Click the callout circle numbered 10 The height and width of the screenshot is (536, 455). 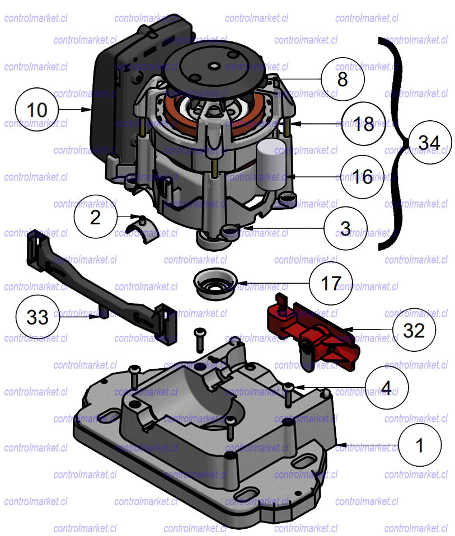pyautogui.click(x=37, y=109)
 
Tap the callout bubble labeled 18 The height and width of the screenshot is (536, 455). pyautogui.click(x=364, y=124)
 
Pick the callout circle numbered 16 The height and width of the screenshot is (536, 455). pyautogui.click(x=363, y=177)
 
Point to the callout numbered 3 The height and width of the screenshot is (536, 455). pyautogui.click(x=345, y=228)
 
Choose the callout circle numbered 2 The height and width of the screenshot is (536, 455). pyautogui.click(x=96, y=217)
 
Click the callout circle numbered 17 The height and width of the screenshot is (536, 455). pyautogui.click(x=331, y=283)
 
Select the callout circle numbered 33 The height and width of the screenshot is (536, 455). pyautogui.click(x=37, y=317)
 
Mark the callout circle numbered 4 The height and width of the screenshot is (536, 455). pyautogui.click(x=386, y=387)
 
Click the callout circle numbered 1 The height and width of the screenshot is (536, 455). pyautogui.click(x=420, y=445)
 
